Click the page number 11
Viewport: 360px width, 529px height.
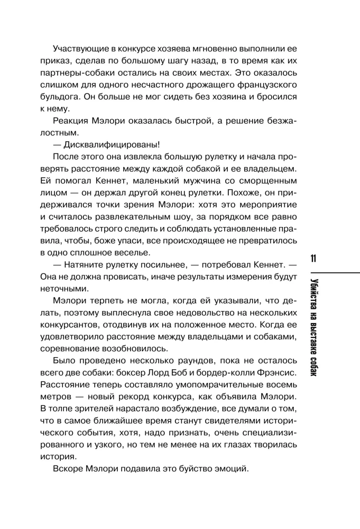point(313,260)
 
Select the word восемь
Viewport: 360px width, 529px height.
point(282,386)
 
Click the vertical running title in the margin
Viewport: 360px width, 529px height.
point(313,329)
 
